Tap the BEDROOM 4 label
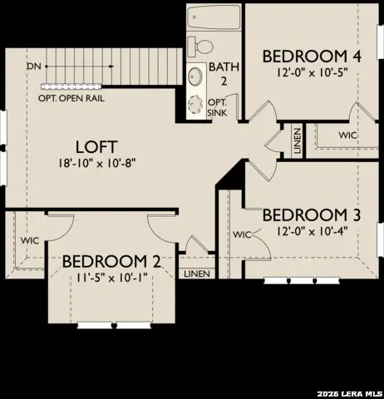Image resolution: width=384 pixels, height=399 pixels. pos(312,57)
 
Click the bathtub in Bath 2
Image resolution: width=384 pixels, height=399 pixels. pos(212,17)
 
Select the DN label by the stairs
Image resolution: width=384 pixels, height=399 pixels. pos(33,65)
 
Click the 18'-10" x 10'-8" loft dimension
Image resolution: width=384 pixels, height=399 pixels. pos(97,163)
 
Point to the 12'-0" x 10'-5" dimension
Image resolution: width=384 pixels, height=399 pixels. pos(312,72)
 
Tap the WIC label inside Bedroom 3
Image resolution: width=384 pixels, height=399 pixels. pos(243,234)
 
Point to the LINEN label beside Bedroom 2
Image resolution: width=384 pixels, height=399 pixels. pos(197,273)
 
